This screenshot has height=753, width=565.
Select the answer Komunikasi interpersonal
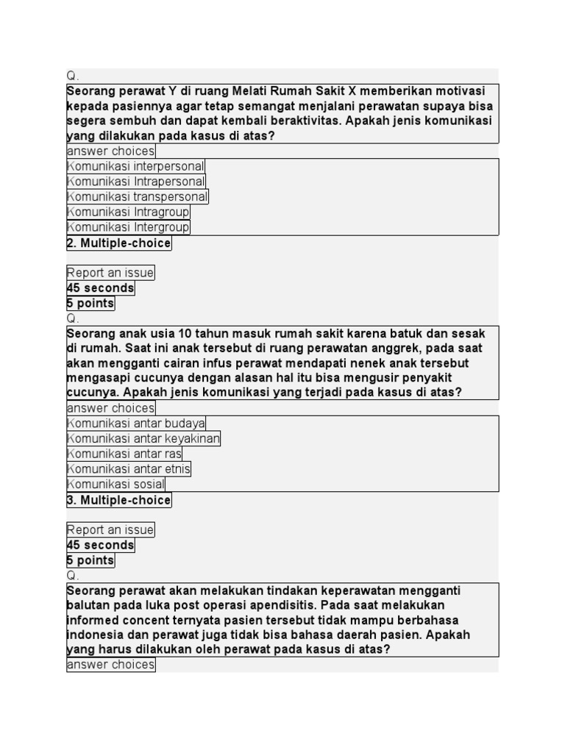(136, 166)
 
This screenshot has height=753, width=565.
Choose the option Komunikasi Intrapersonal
(136, 182)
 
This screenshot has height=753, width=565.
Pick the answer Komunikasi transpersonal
(138, 196)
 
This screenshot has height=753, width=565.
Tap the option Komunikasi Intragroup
(128, 212)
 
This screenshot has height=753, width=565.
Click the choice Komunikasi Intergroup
(128, 227)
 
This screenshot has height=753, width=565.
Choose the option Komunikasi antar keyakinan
(143, 438)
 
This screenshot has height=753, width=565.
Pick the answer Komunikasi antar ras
(124, 454)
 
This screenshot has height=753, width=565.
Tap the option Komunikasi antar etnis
(129, 468)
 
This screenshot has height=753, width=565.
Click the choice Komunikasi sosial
(116, 484)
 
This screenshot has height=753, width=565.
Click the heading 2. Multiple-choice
(119, 243)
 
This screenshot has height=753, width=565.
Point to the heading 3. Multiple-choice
(119, 500)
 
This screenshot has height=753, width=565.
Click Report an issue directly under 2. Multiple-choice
(110, 273)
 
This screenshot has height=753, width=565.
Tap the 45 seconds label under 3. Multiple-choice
(101, 545)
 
